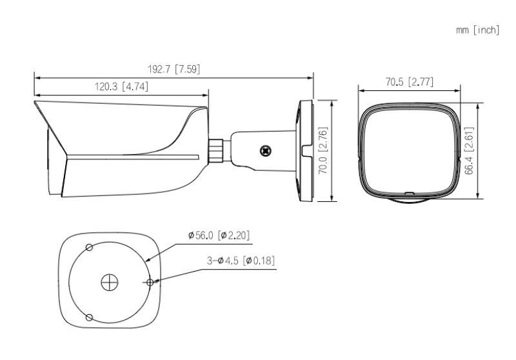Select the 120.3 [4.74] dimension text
[x=122, y=87]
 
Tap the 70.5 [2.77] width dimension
[x=409, y=82]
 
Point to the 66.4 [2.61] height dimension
[x=470, y=150]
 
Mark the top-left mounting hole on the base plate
[x=89, y=248]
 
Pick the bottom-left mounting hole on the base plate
[x=90, y=317]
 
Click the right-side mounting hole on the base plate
[x=150, y=282]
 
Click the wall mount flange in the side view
[x=304, y=150]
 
